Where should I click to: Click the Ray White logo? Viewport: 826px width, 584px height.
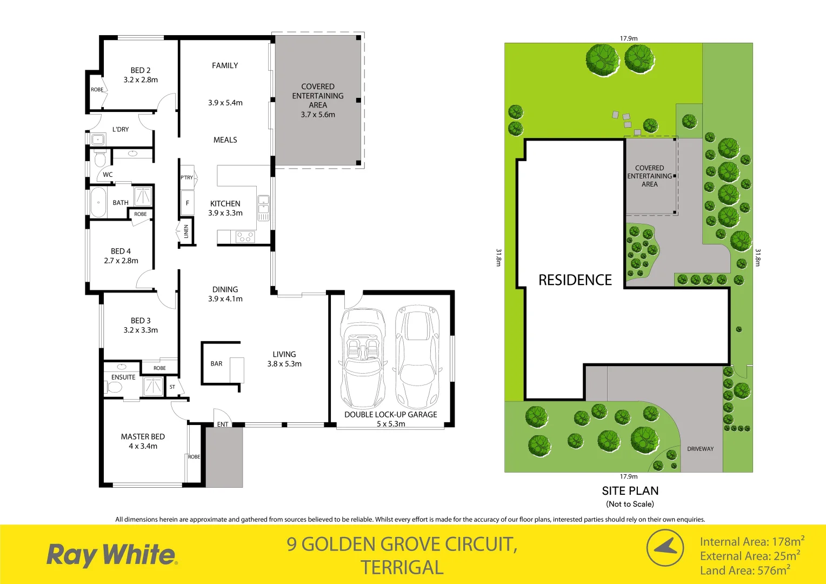[x=111, y=555]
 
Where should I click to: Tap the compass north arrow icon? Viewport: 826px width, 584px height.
[x=665, y=548]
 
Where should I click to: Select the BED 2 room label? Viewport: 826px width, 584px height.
[x=141, y=70]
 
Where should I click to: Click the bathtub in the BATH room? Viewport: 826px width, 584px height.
[x=98, y=202]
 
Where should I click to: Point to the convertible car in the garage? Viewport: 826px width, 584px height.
[x=363, y=358]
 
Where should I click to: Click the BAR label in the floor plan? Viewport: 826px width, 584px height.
[x=216, y=364]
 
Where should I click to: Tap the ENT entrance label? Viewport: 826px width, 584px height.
[x=223, y=424]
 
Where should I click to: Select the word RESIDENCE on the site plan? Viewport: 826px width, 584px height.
[x=575, y=280]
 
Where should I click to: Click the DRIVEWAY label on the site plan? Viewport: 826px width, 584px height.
[x=700, y=449]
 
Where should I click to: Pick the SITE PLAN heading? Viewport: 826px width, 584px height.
[x=630, y=491]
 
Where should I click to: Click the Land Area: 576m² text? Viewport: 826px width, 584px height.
[x=745, y=570]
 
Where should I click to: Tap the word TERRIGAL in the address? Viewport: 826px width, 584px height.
[x=402, y=568]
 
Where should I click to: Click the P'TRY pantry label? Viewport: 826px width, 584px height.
[x=186, y=177]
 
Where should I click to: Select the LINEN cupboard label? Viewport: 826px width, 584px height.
[x=186, y=231]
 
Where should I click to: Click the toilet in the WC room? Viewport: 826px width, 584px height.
[x=100, y=160]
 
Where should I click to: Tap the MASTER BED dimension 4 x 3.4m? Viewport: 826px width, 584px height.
[x=143, y=446]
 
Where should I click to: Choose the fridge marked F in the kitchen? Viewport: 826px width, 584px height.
[x=188, y=203]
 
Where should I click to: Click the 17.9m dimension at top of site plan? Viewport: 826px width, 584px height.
[x=629, y=38]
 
